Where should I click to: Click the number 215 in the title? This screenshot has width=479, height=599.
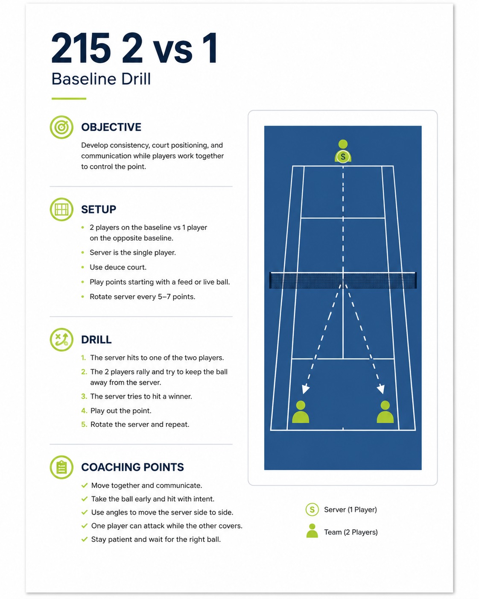click(81, 48)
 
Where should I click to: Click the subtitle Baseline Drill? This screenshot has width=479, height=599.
click(101, 79)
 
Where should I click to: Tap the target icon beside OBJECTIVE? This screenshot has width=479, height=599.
click(61, 127)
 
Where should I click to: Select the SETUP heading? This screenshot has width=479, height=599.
click(99, 209)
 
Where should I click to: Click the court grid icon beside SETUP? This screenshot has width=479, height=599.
click(61, 209)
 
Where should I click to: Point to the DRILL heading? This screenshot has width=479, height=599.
click(96, 340)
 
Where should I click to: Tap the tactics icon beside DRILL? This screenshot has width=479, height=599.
click(61, 340)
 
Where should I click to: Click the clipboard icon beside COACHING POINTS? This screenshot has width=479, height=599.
click(61, 467)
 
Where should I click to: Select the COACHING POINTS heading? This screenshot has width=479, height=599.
click(132, 467)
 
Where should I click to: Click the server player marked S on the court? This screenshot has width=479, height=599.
click(343, 151)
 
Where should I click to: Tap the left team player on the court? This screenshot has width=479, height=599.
click(301, 412)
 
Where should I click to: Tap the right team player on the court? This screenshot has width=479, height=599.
click(385, 412)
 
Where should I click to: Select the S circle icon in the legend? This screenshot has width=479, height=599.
click(312, 510)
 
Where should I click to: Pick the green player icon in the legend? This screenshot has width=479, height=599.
click(312, 531)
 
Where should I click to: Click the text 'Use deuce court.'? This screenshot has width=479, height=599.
click(118, 267)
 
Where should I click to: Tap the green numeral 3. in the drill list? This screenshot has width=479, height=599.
click(84, 396)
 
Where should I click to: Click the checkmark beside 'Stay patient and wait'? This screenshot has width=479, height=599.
click(85, 539)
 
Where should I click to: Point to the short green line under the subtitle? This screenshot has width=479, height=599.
click(69, 99)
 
